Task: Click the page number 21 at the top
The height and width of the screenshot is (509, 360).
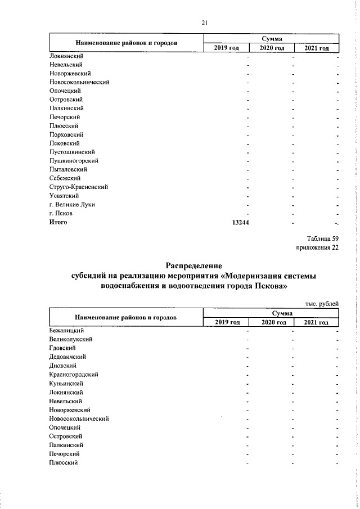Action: tap(205, 22)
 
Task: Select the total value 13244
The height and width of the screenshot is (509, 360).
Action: tap(241, 222)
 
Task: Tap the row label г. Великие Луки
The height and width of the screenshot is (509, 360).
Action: tap(72, 204)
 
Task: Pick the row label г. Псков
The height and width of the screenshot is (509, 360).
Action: tap(61, 213)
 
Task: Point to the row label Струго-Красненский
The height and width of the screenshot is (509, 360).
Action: tap(78, 186)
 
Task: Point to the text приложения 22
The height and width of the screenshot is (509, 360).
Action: tap(317, 247)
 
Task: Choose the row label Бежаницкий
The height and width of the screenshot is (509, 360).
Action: tap(66, 330)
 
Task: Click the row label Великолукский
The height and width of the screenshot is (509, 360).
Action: tap(71, 339)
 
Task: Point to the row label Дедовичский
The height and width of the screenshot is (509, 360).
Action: tap(69, 357)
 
